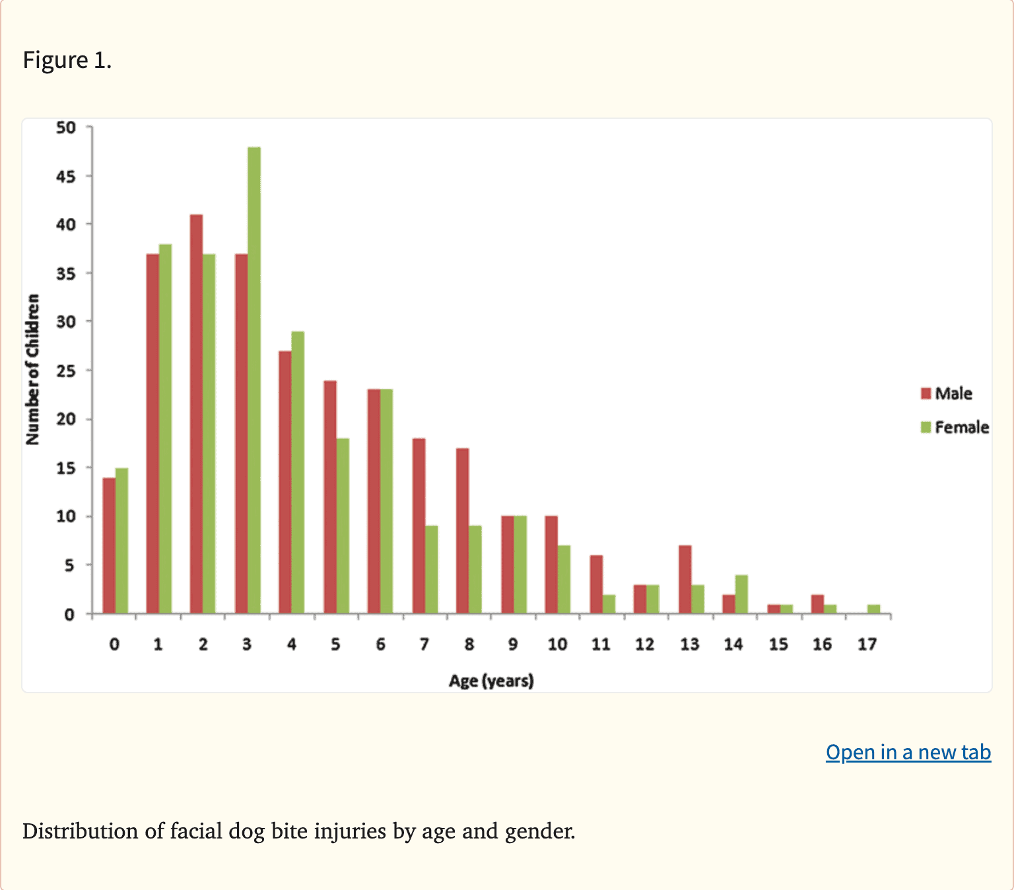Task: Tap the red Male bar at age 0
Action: (109, 546)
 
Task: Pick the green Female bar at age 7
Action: (432, 570)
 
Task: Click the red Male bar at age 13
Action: (685, 580)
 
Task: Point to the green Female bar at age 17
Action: (874, 609)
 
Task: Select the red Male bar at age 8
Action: (463, 531)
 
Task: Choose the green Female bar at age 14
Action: (741, 594)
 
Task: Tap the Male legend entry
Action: (947, 394)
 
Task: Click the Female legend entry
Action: (955, 428)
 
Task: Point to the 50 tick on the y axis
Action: (66, 127)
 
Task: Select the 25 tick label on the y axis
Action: (66, 371)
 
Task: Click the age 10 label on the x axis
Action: (557, 644)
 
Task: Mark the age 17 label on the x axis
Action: (867, 644)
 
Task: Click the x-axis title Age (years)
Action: (491, 681)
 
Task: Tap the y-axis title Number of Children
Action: (32, 370)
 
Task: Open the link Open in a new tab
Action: (908, 752)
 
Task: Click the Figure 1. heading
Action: (67, 60)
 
